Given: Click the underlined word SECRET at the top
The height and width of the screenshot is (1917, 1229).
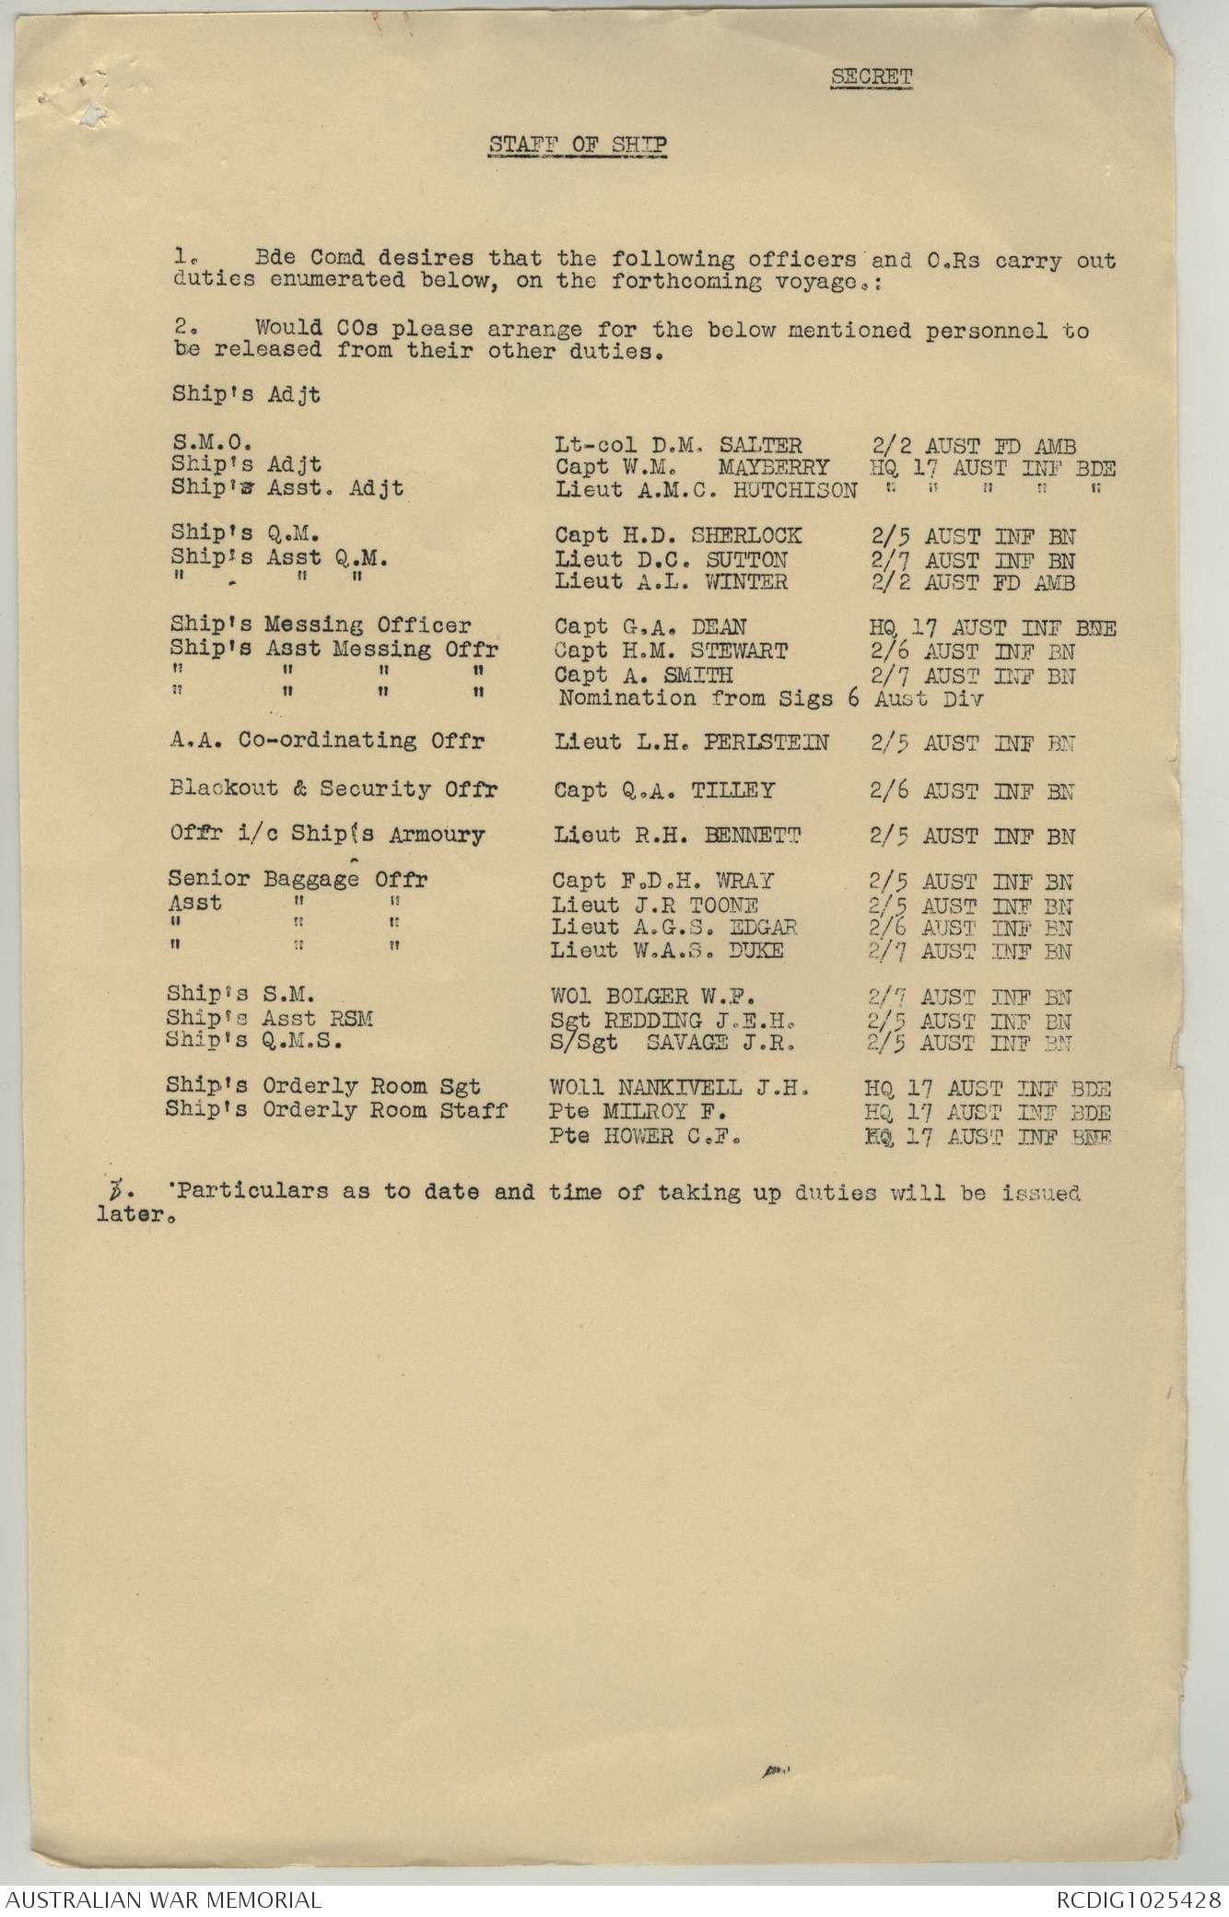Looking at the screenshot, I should pos(871,77).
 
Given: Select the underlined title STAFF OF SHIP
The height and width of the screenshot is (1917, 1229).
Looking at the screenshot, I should pos(577,145).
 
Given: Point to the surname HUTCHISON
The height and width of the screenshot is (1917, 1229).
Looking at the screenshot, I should pos(795,491).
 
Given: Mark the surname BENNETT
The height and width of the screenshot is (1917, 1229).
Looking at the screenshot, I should pos(753,836).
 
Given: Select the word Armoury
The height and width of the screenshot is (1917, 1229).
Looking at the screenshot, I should pos(436,836).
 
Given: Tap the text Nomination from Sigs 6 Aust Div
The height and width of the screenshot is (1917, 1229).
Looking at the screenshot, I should pos(770,698).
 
